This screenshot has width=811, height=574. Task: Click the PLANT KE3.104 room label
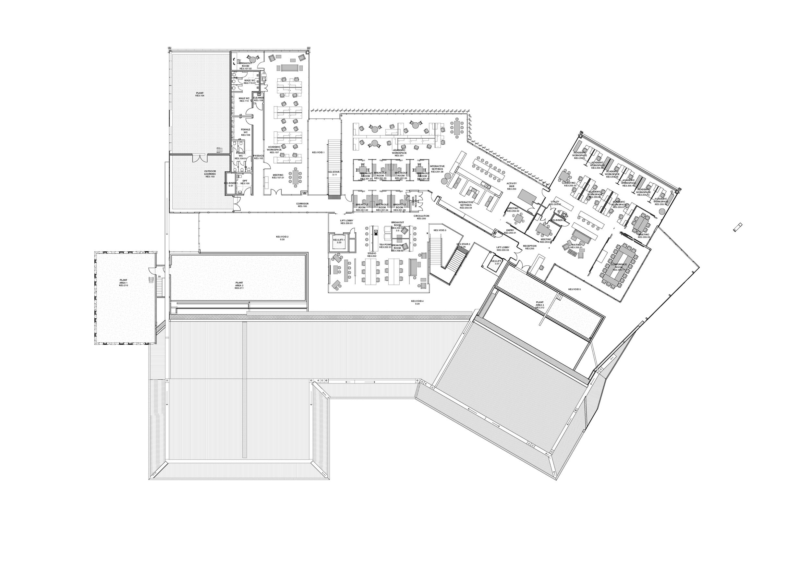200,94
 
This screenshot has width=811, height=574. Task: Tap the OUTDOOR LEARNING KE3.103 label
210,174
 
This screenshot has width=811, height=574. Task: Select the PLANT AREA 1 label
123,282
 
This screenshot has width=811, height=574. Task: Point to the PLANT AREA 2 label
239,285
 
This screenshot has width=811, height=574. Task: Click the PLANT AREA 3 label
539,305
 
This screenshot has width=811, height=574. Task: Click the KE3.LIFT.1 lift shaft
339,241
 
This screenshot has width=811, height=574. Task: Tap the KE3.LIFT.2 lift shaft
497,262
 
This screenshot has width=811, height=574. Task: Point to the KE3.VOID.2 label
282,238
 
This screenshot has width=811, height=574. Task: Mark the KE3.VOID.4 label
417,302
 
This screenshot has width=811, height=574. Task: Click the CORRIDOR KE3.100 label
302,205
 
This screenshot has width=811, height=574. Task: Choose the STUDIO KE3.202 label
372,254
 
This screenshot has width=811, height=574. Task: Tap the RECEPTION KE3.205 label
530,247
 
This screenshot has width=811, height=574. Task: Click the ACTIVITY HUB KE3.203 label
512,186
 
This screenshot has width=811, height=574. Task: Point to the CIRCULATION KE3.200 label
421,217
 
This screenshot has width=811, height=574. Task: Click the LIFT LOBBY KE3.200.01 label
347,222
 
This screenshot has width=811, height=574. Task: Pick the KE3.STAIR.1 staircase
334,168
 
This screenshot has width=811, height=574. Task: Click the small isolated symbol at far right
737,227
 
